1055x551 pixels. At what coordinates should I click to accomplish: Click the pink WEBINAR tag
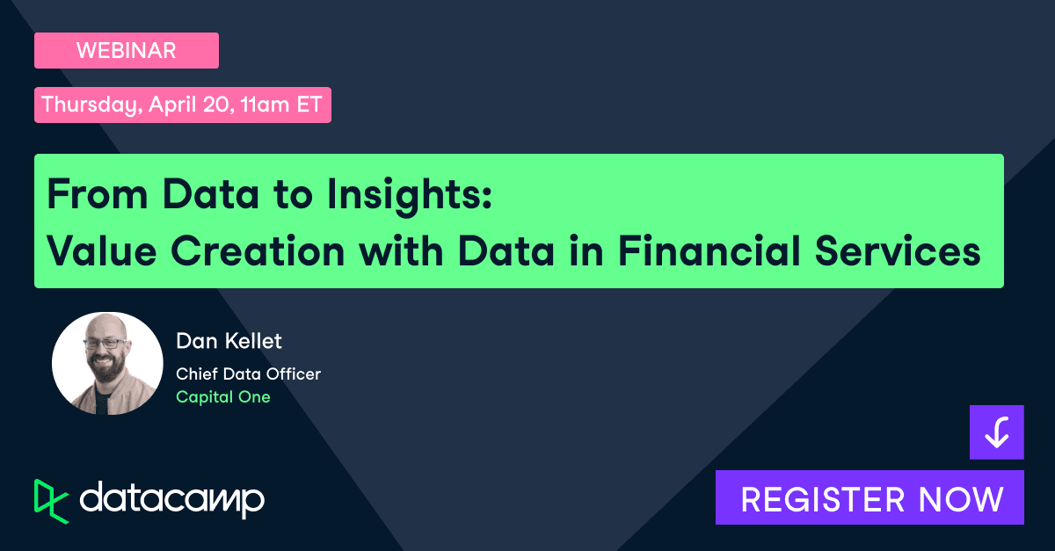pyautogui.click(x=127, y=50)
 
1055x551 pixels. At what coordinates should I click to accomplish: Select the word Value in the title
pyautogui.click(x=101, y=251)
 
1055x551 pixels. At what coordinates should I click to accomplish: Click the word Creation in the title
pyautogui.click(x=258, y=251)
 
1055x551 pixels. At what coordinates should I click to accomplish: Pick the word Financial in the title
pyautogui.click(x=709, y=250)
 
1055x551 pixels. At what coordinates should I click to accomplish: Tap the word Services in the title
pyautogui.click(x=898, y=251)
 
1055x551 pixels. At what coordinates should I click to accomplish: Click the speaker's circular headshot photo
pyautogui.click(x=107, y=364)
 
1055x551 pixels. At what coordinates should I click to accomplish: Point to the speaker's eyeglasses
pyautogui.click(x=105, y=344)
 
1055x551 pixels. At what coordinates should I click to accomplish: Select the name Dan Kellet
pyautogui.click(x=229, y=341)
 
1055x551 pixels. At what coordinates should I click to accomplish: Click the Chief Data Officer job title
pyautogui.click(x=248, y=374)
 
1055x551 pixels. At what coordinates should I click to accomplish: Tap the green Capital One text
pyautogui.click(x=223, y=397)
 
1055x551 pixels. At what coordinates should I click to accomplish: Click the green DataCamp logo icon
pyautogui.click(x=51, y=502)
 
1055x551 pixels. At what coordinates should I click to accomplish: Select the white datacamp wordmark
pyautogui.click(x=172, y=500)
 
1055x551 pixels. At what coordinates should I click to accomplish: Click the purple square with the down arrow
pyautogui.click(x=997, y=432)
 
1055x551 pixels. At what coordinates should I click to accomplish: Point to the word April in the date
pyautogui.click(x=172, y=105)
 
